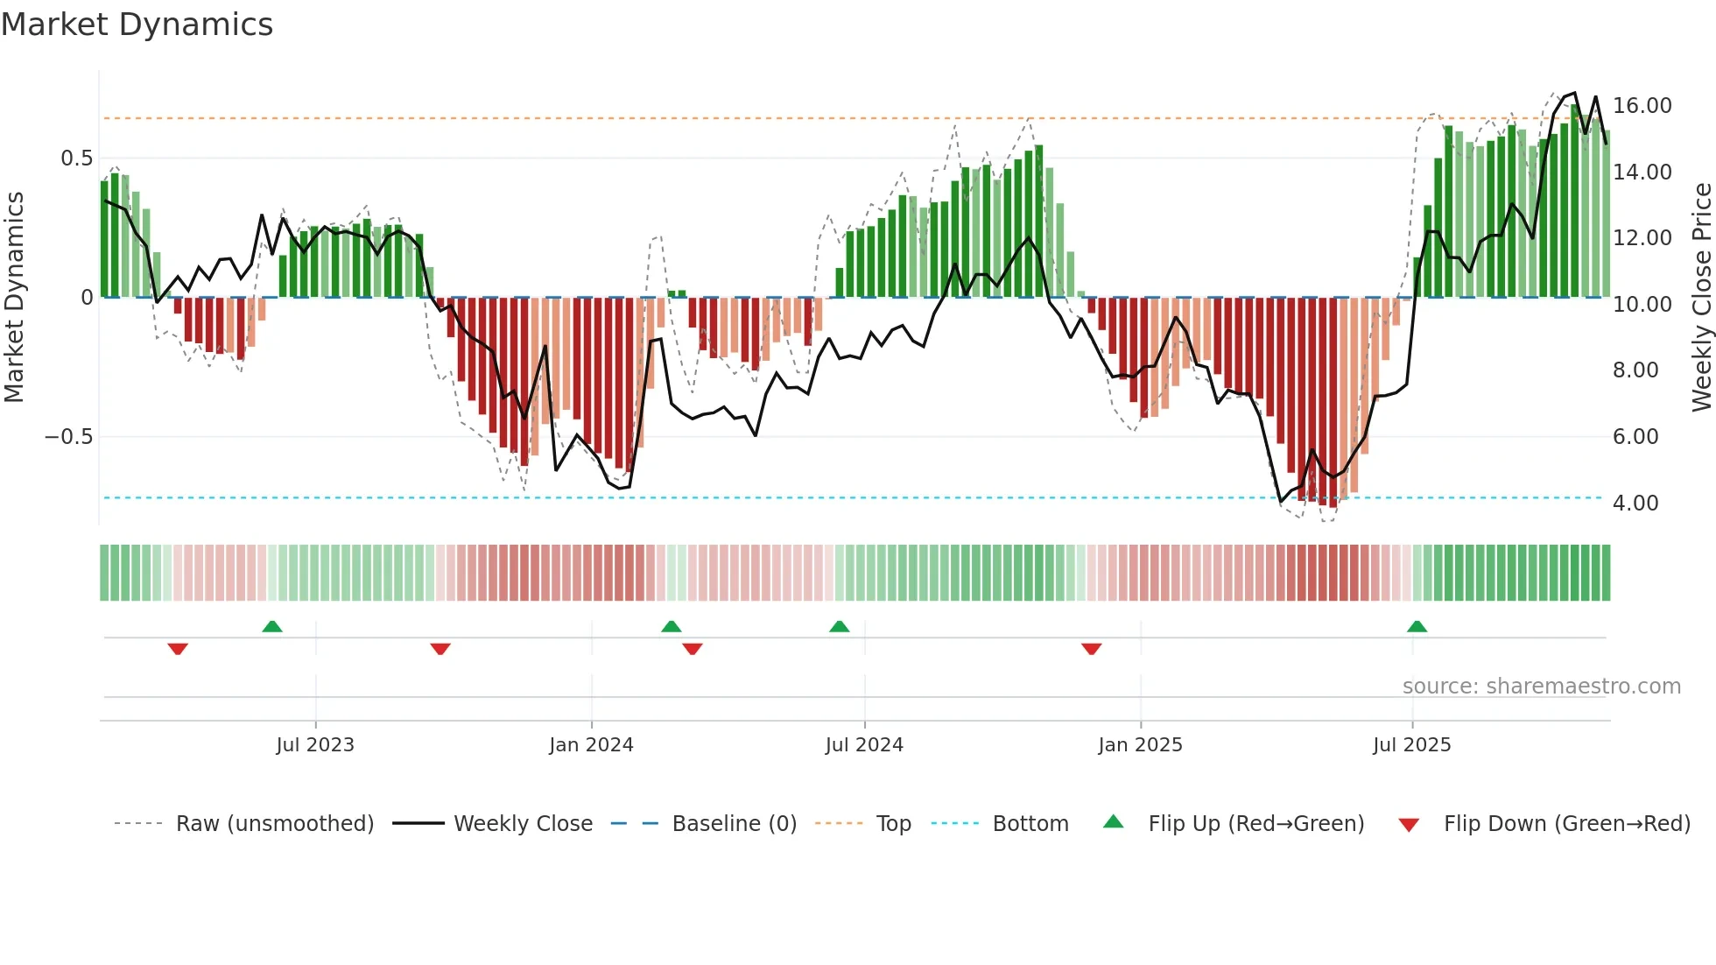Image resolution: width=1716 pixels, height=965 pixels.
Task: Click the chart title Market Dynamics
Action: pos(137,25)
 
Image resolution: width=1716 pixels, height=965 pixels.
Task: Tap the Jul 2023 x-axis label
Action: pos(315,744)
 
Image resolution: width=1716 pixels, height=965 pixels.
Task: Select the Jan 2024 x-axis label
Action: pos(591,744)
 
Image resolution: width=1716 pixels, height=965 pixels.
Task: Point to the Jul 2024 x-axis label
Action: pos(864,744)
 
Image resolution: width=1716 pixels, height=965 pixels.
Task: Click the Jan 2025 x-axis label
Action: pos(1140,744)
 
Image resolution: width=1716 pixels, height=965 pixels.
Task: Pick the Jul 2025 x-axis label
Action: pos(1411,744)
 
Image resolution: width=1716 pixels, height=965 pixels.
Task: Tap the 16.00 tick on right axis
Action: pos(1642,105)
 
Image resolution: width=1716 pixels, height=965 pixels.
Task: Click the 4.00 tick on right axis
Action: pos(1635,503)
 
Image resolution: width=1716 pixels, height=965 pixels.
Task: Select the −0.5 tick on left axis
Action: pos(68,436)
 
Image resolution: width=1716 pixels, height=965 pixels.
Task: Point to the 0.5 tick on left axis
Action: pos(76,158)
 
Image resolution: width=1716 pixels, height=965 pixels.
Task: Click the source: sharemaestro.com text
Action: pos(1541,686)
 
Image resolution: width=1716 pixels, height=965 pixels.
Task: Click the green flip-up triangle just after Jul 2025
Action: pos(1417,626)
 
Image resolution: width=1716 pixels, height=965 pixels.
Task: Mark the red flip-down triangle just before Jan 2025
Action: pos(1091,649)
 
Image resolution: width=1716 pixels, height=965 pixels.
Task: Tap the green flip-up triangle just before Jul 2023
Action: pos(272,626)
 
